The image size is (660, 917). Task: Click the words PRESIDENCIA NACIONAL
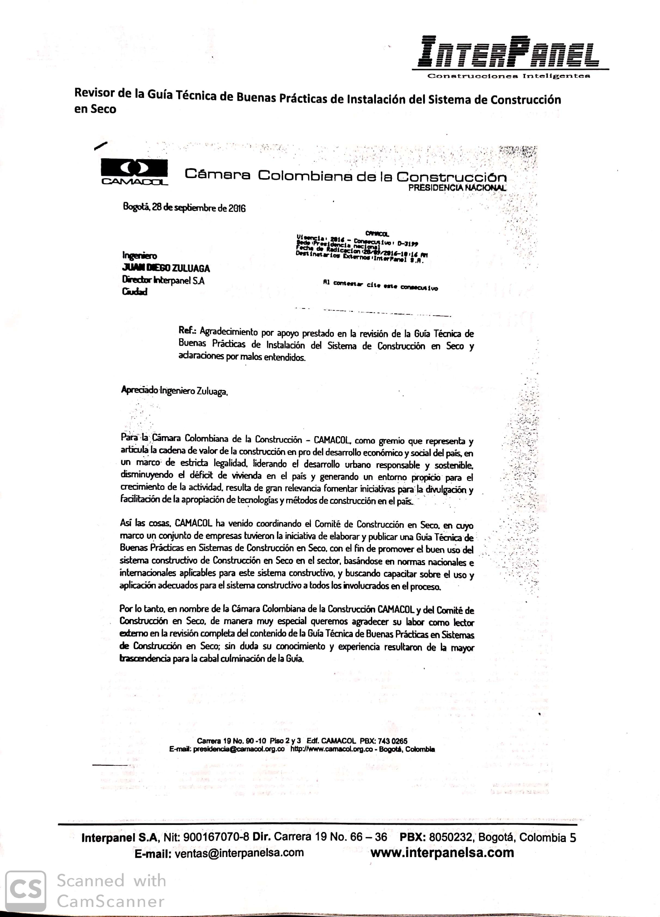coord(456,187)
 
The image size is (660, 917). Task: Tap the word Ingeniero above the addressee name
coord(139,255)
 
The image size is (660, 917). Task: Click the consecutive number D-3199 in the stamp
coord(408,244)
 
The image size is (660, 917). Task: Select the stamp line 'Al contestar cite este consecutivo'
coord(380,285)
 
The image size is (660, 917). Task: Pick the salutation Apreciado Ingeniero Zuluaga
coord(174,391)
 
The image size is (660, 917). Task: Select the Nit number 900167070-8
coord(216,837)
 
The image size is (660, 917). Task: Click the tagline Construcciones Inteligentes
coord(509,76)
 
